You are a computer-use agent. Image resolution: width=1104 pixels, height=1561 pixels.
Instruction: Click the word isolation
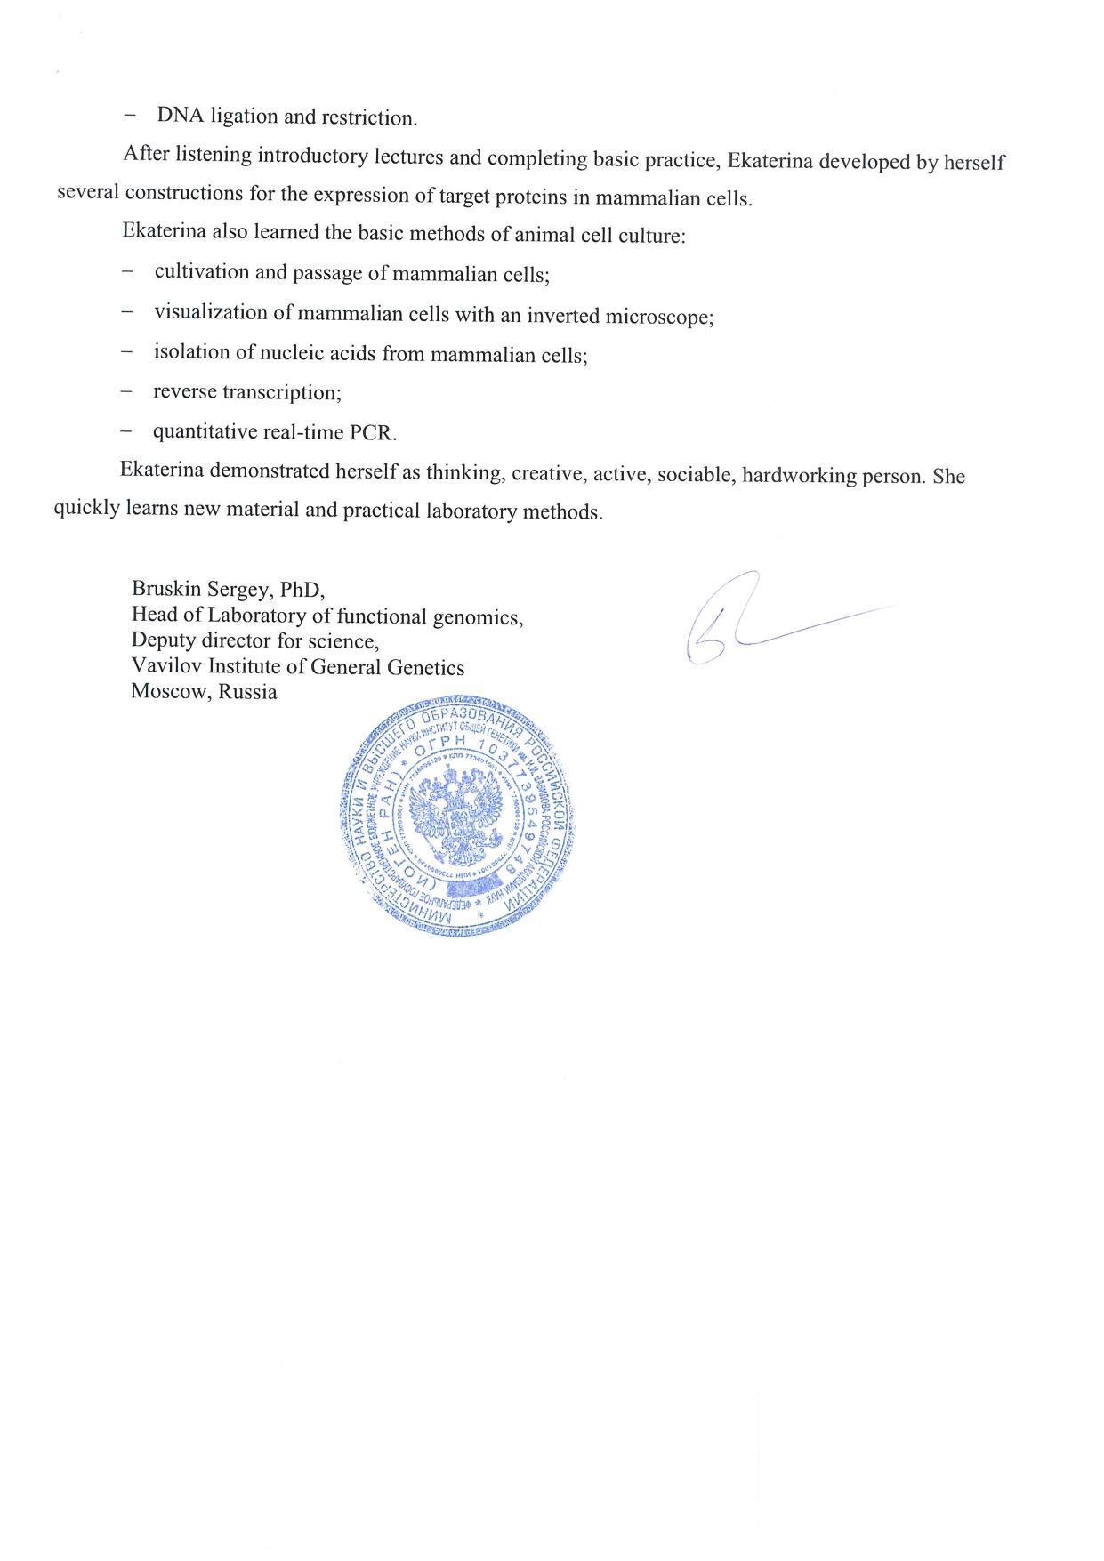(191, 352)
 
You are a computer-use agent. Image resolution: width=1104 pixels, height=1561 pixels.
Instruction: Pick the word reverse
(184, 391)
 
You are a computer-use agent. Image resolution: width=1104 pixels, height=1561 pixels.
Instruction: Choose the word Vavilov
(164, 665)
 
